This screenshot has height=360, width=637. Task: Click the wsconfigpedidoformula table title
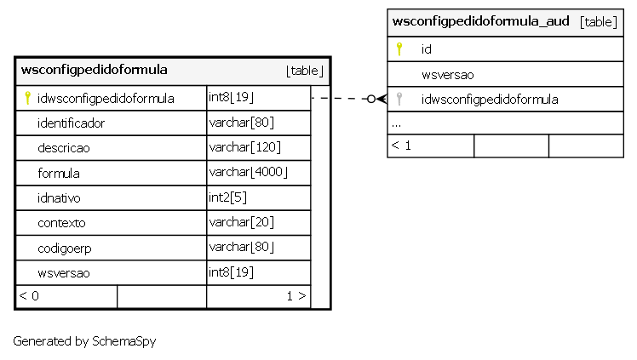(94, 70)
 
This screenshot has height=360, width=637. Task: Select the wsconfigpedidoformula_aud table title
(480, 21)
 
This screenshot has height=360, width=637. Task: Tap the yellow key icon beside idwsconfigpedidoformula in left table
(27, 98)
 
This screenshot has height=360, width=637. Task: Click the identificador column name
(71, 123)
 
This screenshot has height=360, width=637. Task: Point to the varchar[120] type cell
(245, 147)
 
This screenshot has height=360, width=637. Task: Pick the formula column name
(59, 174)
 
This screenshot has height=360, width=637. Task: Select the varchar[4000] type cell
(248, 172)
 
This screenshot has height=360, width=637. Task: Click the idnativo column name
(59, 198)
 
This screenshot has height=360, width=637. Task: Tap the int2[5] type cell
(227, 197)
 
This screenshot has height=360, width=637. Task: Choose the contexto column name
(61, 223)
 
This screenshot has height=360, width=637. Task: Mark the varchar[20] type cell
(241, 222)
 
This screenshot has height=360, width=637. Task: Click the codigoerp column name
(65, 249)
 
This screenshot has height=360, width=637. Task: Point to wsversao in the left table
(64, 273)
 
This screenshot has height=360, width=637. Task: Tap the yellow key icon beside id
(399, 49)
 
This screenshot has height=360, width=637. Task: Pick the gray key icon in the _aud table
(399, 99)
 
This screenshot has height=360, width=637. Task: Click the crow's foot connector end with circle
(376, 99)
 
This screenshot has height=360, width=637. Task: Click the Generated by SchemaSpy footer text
(84, 341)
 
